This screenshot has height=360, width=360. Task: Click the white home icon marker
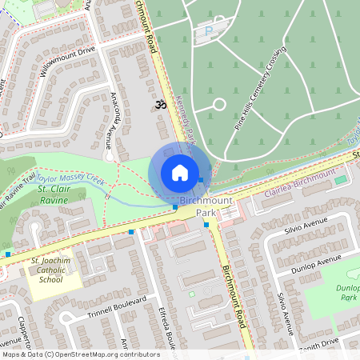coord(180,172)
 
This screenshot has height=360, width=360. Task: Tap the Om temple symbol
coord(158,104)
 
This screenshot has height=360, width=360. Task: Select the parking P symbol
coord(210,31)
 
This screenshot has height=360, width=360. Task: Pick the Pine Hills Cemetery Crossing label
coord(259,100)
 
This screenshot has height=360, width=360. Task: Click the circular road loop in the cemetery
coord(218,105)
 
